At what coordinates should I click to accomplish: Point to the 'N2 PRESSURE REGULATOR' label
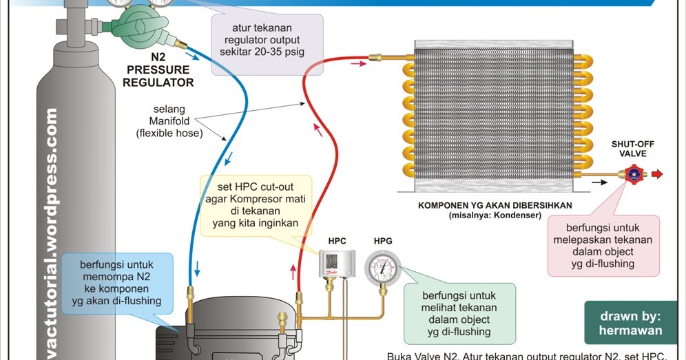158,71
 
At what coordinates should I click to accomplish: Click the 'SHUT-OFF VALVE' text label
632,149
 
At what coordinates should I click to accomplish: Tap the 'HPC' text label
337,242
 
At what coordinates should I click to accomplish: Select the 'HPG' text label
384,242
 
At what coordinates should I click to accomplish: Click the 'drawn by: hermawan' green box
630,323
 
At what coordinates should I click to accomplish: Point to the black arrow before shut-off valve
602,182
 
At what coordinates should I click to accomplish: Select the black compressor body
227,337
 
